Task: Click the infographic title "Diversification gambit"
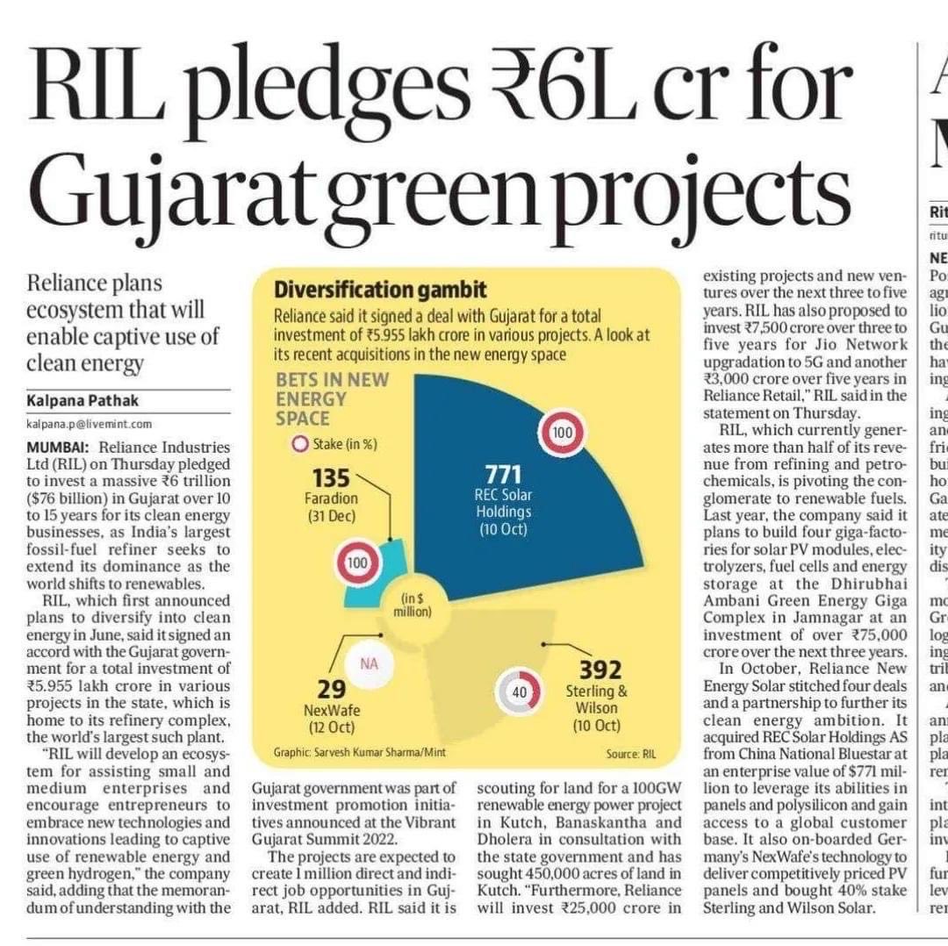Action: pos(380,290)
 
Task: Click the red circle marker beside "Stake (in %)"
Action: pos(299,444)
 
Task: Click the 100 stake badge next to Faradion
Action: pos(355,563)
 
